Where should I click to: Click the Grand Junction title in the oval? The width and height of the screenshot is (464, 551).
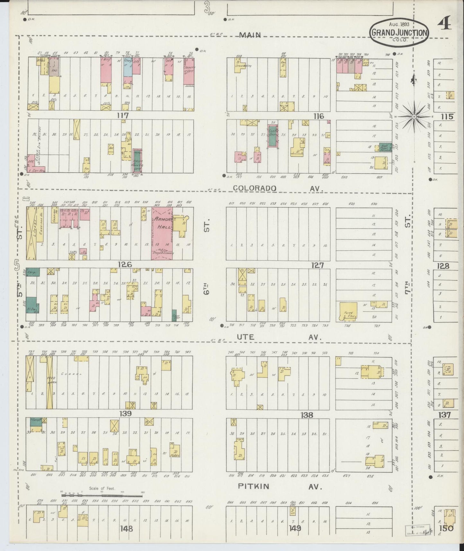[399, 32]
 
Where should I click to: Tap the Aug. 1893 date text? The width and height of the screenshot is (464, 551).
[399, 24]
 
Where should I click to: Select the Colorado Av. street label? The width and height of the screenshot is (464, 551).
[278, 188]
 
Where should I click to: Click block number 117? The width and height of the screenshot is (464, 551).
[123, 115]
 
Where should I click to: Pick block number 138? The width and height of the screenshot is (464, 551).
[307, 415]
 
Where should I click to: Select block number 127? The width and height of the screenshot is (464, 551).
[317, 265]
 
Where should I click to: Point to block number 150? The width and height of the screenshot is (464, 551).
[449, 528]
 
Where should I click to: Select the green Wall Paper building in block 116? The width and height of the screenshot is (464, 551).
[385, 148]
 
